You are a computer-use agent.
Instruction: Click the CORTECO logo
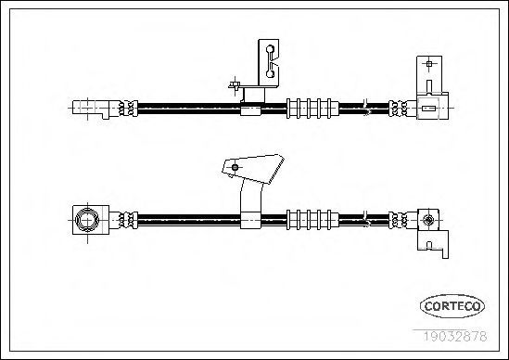click(x=452, y=306)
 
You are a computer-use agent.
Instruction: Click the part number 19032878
click(x=455, y=336)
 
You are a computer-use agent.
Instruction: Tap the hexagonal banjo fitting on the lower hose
click(x=86, y=220)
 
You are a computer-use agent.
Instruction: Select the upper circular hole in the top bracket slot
click(x=270, y=49)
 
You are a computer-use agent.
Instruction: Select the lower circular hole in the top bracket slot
click(x=270, y=73)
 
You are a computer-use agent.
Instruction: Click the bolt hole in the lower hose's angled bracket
click(x=235, y=168)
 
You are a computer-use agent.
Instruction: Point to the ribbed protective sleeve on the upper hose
click(x=312, y=109)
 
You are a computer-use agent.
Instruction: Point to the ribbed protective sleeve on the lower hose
click(x=312, y=220)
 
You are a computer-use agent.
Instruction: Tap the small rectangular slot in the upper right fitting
click(x=428, y=109)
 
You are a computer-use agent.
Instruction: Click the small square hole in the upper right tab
click(x=429, y=64)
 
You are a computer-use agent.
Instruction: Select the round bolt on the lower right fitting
click(x=428, y=220)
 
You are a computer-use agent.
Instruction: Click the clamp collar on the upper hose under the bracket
click(x=250, y=109)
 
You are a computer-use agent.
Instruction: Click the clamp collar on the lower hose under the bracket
click(x=250, y=220)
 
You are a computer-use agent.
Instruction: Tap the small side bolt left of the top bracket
click(x=235, y=85)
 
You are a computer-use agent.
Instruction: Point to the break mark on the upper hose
click(x=366, y=108)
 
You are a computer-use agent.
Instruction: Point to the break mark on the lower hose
click(x=366, y=219)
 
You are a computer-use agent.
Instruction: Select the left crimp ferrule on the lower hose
click(x=128, y=220)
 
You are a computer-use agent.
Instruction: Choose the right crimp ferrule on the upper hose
click(x=399, y=109)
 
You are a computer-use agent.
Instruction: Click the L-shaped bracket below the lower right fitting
click(x=434, y=243)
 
